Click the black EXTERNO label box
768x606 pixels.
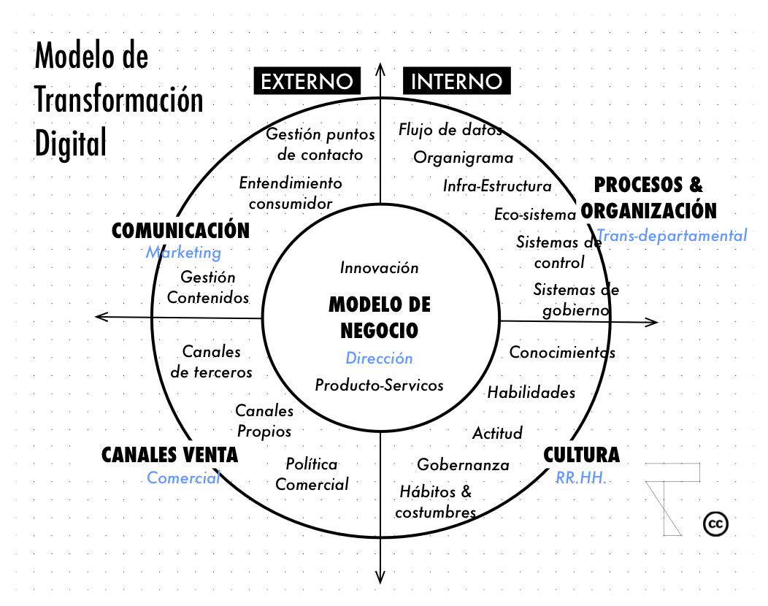coord(307,80)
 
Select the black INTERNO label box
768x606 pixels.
coord(457,80)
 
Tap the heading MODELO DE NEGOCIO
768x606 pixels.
coord(380,317)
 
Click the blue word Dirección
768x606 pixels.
coord(379,358)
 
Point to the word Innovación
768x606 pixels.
coord(380,268)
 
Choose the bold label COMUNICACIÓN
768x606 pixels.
coord(180,231)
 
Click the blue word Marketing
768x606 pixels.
coord(183,253)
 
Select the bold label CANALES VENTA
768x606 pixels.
coord(169,455)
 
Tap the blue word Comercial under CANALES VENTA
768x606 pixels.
coord(183,478)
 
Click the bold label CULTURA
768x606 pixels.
coord(581,455)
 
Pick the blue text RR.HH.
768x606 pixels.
coord(582,478)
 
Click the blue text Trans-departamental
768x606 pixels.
coord(672,235)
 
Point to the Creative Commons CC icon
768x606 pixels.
coord(716,524)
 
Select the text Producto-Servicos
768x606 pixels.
coord(379,385)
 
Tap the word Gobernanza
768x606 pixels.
coord(463,465)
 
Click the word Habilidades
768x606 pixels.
coord(531,393)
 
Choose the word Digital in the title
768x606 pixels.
coord(71,143)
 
